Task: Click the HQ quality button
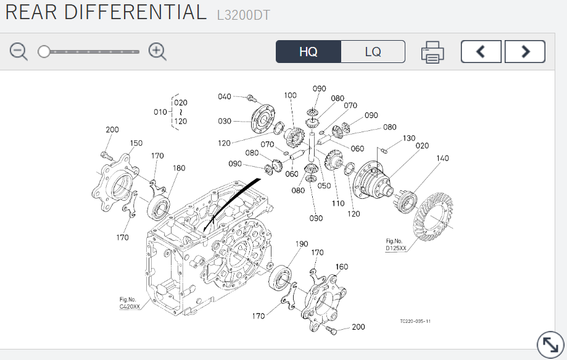[x=308, y=52]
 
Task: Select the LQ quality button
[x=373, y=52]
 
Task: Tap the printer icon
[x=432, y=52]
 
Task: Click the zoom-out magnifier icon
[x=19, y=52]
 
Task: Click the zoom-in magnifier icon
[x=157, y=52]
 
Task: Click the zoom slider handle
[x=44, y=52]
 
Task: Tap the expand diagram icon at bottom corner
[x=550, y=345]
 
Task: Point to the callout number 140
[x=442, y=158]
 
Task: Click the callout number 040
[x=224, y=96]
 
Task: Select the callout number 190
[x=302, y=244]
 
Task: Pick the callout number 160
[x=342, y=267]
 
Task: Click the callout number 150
[x=136, y=143]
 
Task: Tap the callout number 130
[x=409, y=138]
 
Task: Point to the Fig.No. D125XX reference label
[x=395, y=245]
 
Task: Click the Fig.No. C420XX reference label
[x=130, y=303]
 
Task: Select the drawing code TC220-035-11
[x=415, y=321]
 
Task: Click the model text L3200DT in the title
[x=243, y=15]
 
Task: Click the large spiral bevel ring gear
[x=433, y=216]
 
